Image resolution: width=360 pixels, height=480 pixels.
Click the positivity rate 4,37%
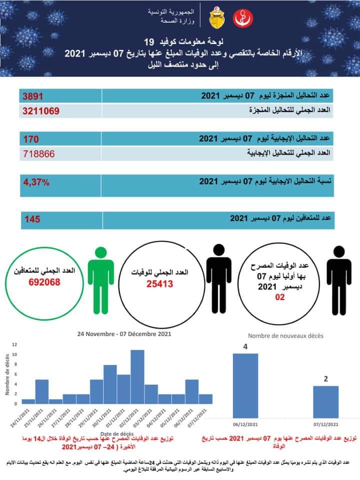pos(36,182)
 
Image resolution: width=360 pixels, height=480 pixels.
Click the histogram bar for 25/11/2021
pos(42,391)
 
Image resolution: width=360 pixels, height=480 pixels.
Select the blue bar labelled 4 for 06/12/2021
pos(245,385)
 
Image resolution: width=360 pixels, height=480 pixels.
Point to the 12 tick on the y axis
pos(15,344)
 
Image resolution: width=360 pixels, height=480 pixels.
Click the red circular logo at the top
pos(243,19)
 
